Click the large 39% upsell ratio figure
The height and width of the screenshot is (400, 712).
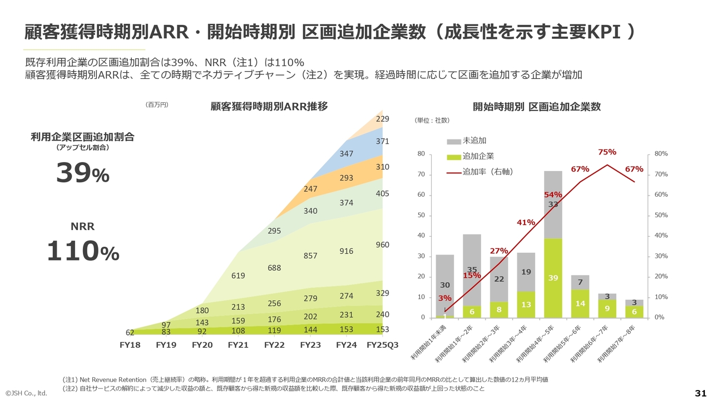pos(82,174)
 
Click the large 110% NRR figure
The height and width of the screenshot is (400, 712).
pos(82,251)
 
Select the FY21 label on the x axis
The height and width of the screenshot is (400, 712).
pos(238,345)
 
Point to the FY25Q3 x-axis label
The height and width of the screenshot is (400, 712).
pos(383,345)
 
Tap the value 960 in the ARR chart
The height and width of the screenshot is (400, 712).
pos(382,245)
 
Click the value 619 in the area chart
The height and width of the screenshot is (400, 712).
pos(238,276)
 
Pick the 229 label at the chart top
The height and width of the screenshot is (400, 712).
pos(382,119)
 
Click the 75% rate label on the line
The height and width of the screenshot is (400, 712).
pos(607,152)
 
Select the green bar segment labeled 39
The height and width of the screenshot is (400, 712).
pos(553,278)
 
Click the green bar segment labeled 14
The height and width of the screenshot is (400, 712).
pos(580,304)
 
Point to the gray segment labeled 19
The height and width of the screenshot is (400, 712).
pos(526,272)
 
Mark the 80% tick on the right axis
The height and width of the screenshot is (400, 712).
pos(661,154)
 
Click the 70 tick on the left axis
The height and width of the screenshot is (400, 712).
pos(421,174)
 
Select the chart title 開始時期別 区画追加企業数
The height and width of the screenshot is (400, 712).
pos(536,107)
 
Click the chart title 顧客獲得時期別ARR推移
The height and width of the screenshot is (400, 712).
pos(269,106)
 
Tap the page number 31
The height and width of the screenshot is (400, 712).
pos(700,393)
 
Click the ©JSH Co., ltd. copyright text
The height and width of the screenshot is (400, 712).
pos(26,393)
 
